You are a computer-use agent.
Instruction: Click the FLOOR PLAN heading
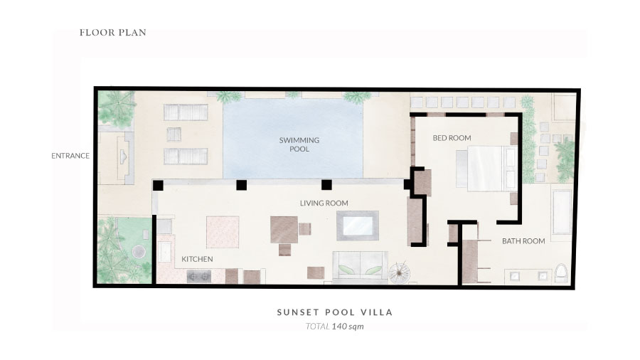[x=112, y=33]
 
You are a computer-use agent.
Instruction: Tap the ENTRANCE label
[x=70, y=156]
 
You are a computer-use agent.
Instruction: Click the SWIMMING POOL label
[x=299, y=144]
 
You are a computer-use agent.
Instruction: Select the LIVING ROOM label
[x=324, y=203]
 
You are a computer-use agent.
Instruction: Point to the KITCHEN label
[x=197, y=259]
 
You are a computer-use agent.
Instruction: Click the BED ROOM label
[x=452, y=138]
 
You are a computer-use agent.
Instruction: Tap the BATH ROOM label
[x=523, y=241]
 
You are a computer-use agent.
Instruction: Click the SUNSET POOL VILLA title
[x=335, y=312]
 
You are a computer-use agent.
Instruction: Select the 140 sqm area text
[x=348, y=327]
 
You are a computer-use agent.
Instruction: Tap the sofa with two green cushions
[x=360, y=267]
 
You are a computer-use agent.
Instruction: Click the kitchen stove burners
[x=199, y=276]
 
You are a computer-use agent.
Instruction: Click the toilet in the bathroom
[x=562, y=273]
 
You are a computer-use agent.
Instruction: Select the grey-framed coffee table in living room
[x=358, y=226]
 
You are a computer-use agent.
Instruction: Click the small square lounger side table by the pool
[x=174, y=134]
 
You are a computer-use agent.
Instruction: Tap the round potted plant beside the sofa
[x=399, y=272]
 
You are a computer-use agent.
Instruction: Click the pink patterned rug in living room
[x=223, y=232]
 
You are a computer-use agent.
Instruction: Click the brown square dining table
[x=284, y=229]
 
